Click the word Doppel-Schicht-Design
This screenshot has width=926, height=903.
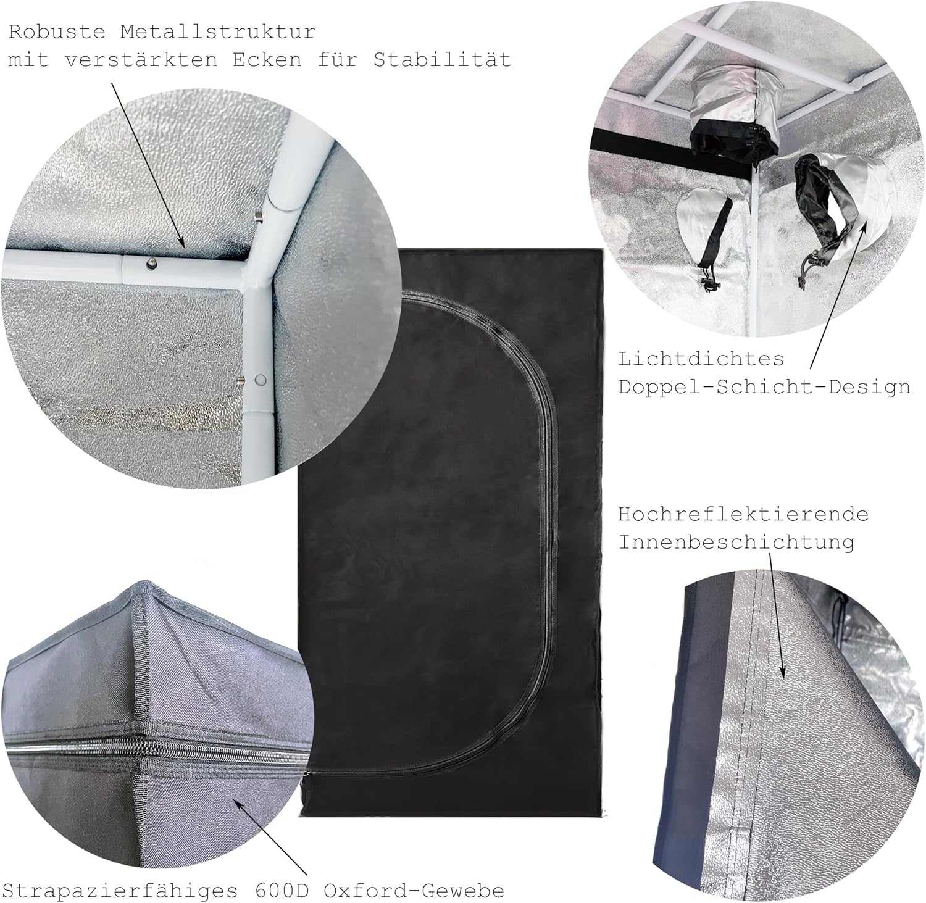tap(764, 387)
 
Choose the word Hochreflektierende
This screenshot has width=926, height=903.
tap(743, 514)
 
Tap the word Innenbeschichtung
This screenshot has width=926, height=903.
tap(736, 542)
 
